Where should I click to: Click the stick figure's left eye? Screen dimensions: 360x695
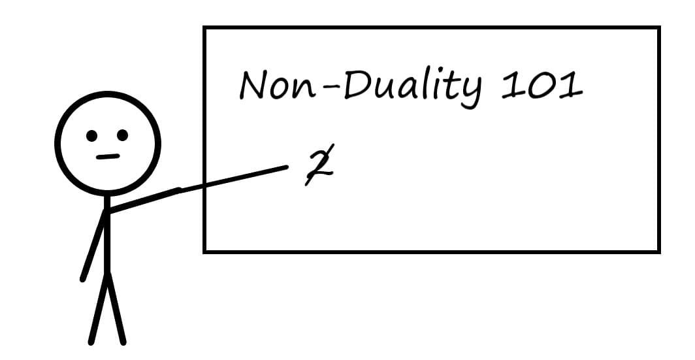pos(92,136)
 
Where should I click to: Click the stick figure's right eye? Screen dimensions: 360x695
pos(123,135)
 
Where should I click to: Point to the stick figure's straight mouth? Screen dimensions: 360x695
pos(108,157)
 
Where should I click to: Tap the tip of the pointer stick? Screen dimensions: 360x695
pos(285,168)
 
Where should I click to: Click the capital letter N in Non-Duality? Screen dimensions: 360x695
pos(255,86)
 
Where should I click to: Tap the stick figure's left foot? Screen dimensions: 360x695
pos(92,341)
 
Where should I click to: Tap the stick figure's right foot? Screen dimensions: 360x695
pos(122,341)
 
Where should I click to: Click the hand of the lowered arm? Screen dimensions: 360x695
pos(83,279)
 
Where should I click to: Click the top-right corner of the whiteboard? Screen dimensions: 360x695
pos(658,28)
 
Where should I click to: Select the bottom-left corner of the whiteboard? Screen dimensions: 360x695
pos(205,251)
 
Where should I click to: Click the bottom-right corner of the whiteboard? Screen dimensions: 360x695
pos(658,251)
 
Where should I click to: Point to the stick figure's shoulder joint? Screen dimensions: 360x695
pos(107,211)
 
